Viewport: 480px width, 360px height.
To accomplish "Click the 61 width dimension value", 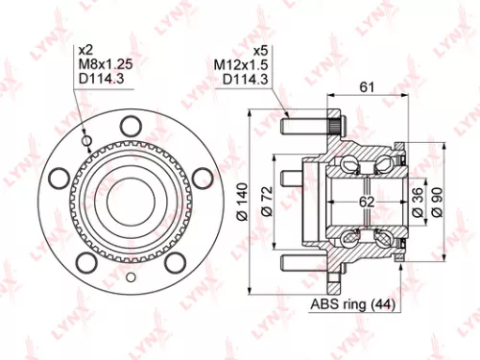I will (367, 88).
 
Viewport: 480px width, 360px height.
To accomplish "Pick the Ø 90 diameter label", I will (437, 200).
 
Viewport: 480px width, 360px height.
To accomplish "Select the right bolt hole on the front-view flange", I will (202, 175).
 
